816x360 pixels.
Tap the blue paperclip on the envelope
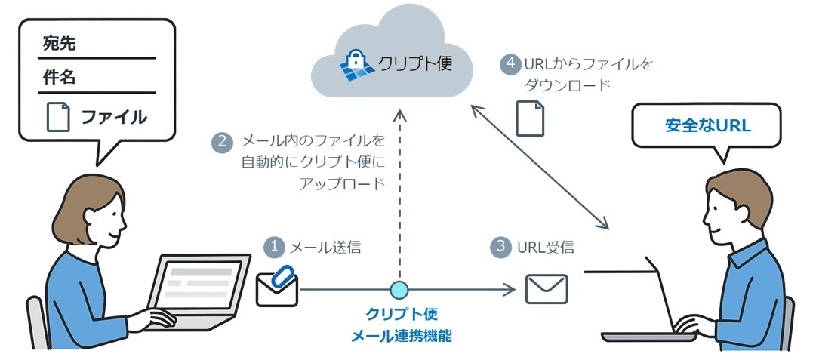click(x=282, y=275)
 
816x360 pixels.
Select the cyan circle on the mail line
click(x=399, y=289)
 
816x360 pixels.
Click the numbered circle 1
click(x=275, y=247)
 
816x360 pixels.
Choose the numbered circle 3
click(x=500, y=247)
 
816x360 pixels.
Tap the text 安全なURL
click(x=707, y=125)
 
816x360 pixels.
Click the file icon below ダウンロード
click(x=529, y=118)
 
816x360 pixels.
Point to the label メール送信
click(x=325, y=247)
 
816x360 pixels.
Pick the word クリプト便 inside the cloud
click(x=414, y=63)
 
